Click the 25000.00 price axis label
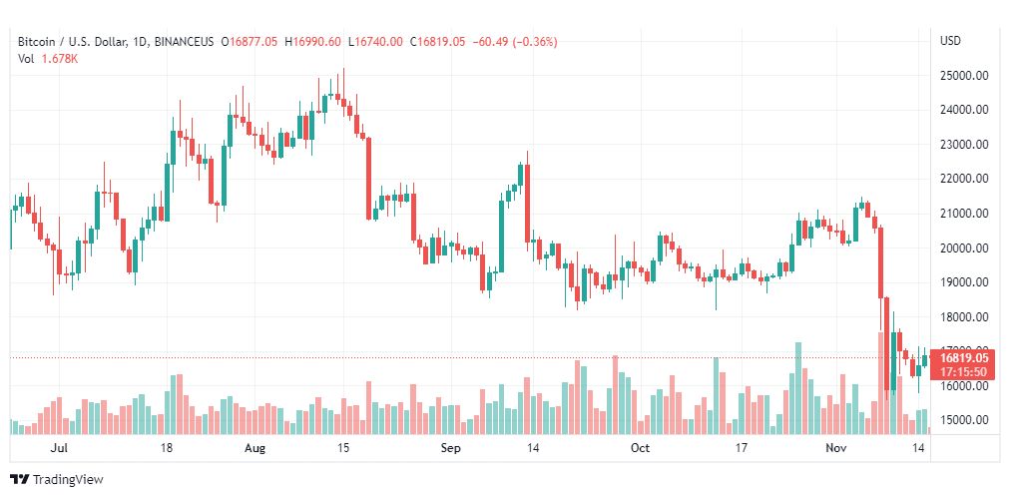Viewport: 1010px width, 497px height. click(964, 75)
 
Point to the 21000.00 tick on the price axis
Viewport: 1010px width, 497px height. click(964, 214)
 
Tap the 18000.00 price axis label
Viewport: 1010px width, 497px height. click(964, 317)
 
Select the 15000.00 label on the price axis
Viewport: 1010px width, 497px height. click(964, 420)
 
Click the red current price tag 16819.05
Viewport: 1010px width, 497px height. click(964, 357)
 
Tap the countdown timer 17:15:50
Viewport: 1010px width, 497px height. click(964, 371)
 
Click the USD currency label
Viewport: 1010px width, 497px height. click(950, 41)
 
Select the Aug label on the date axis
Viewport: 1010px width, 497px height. click(256, 448)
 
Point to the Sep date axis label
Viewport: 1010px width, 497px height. click(451, 448)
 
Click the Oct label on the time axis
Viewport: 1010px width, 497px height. click(640, 448)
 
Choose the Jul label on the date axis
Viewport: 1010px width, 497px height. click(59, 448)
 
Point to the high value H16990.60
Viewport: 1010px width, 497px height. click(312, 42)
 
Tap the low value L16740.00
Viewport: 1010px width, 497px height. click(375, 42)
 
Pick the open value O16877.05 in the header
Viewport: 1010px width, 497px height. click(250, 42)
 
